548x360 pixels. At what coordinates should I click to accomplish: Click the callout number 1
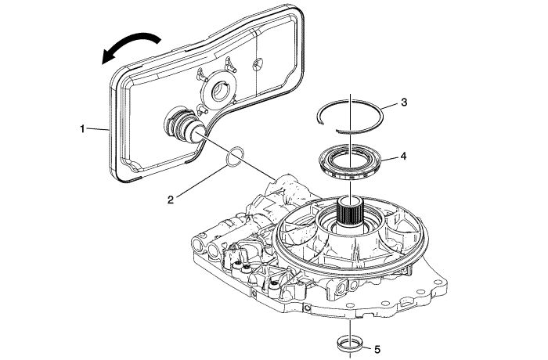82,128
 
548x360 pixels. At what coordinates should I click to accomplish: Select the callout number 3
403,103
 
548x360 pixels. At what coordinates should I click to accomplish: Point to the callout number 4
403,156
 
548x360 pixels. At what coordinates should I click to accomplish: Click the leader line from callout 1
98,128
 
